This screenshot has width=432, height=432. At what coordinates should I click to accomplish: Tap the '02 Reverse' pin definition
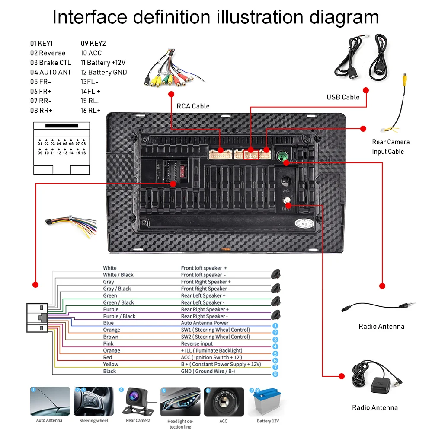(x=48, y=53)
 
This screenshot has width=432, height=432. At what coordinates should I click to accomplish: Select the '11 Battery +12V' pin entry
(x=103, y=63)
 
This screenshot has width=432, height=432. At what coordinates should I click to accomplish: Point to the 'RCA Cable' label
(x=193, y=106)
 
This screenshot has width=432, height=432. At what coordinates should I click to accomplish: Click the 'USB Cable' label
(x=343, y=97)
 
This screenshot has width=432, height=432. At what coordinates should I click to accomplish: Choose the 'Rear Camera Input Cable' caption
(x=390, y=146)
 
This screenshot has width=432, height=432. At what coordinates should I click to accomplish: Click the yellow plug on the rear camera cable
(x=405, y=79)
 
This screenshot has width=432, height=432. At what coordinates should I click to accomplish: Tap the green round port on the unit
(x=283, y=156)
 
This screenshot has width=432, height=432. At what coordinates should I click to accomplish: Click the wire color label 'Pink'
(x=108, y=343)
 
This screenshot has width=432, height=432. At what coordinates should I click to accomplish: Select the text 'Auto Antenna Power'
(x=205, y=323)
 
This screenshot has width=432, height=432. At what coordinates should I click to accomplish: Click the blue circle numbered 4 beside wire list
(x=275, y=346)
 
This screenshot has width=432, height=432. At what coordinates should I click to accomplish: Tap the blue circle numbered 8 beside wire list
(x=275, y=374)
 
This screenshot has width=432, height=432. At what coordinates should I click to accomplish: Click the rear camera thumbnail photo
(x=138, y=402)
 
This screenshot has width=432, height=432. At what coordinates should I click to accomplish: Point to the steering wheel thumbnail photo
(x=93, y=402)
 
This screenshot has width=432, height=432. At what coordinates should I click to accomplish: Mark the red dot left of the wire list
(x=35, y=285)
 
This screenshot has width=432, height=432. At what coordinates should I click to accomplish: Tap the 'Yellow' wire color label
(x=110, y=364)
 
